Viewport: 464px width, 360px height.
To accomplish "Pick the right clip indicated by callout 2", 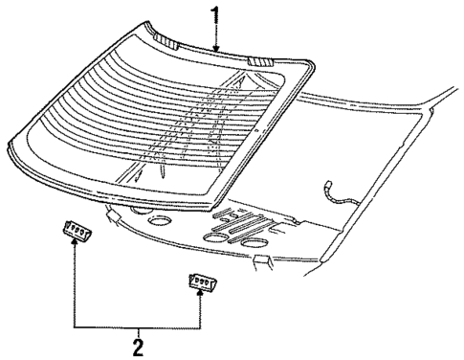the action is tap(200, 282).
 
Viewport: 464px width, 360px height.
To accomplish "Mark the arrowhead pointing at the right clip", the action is tap(200, 297).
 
